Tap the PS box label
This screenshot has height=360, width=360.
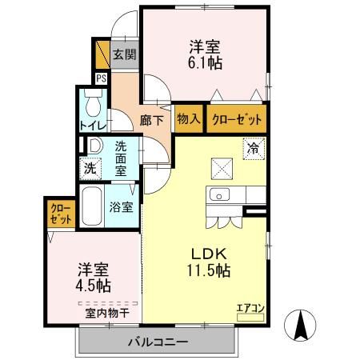click(102, 78)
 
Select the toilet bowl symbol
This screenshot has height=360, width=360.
click(93, 103)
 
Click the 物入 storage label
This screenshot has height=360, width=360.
click(187, 119)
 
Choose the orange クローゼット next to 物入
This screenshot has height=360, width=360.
click(235, 119)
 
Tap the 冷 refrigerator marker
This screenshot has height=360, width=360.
click(253, 147)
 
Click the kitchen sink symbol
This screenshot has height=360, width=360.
click(218, 194)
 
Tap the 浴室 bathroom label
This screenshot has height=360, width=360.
click(122, 206)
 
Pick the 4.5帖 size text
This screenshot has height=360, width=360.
click(94, 285)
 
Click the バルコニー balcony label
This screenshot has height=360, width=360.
click(157, 342)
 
